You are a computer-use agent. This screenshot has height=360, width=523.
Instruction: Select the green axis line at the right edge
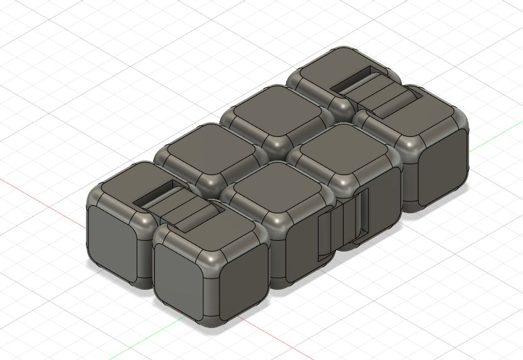[x=495, y=141]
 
